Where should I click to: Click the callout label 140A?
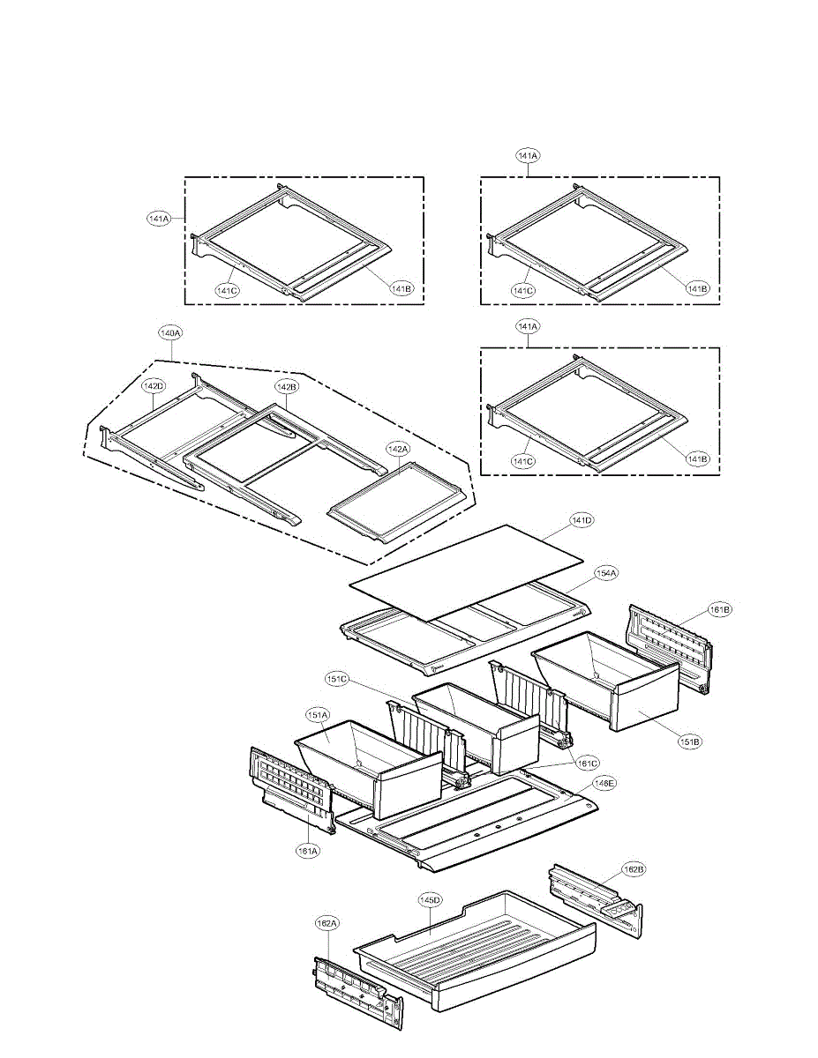170,334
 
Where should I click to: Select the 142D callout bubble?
154,386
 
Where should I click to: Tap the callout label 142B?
286,386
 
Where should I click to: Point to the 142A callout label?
398,449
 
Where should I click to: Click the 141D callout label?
582,521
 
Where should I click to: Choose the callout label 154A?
606,574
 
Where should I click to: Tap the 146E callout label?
604,782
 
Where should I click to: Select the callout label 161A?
308,851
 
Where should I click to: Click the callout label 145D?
430,900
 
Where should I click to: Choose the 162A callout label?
326,923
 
